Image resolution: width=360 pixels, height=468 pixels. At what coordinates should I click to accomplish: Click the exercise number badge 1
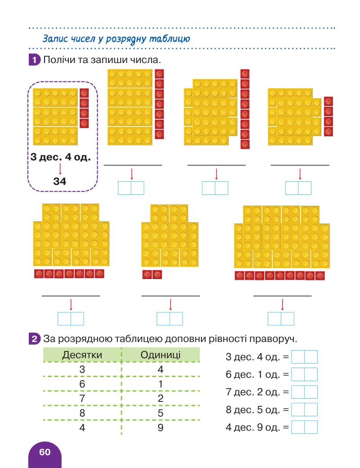coord(33,59)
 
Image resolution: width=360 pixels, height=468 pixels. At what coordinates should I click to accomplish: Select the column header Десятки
coord(82,355)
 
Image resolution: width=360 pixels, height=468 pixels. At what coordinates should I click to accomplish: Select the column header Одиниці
coord(161,355)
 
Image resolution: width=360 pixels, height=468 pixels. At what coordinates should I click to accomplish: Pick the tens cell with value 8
coord(82,413)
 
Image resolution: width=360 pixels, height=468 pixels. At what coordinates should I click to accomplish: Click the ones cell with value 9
coord(160,427)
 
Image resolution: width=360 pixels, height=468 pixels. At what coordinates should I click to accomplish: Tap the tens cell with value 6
coord(82,384)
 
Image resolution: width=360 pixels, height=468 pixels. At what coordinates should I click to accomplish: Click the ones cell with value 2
coord(160,398)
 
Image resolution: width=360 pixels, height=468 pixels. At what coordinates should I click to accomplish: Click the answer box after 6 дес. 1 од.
coord(304,374)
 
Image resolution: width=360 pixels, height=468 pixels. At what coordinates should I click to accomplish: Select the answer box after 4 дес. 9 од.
coord(304,427)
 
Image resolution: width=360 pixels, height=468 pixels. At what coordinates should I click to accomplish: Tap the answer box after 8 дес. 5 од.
coord(304,409)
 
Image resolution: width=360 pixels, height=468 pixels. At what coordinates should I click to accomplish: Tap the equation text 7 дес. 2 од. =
coord(256,392)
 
